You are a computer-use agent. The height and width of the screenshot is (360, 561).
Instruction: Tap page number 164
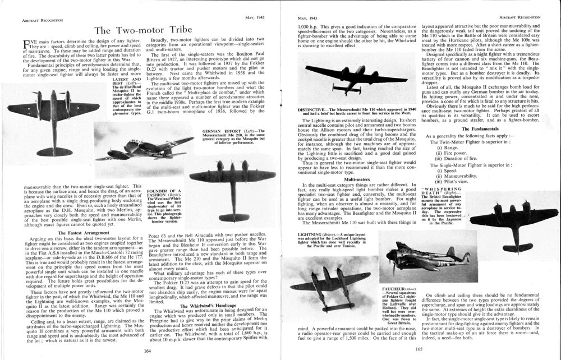pyautogui.click(x=149, y=350)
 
